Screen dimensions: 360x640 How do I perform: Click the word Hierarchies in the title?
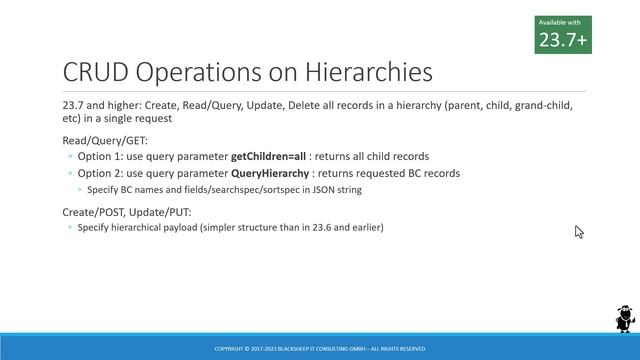[369, 73]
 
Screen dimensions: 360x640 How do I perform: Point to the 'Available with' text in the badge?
[558, 22]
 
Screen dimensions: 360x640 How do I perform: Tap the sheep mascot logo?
[623, 319]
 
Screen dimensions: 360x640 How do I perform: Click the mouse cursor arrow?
[578, 231]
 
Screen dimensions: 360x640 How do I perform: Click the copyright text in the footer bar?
[319, 349]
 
